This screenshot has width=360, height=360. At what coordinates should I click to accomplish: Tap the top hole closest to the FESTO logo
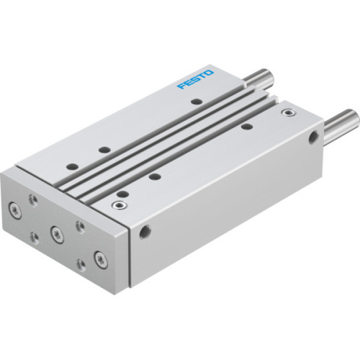[194, 102]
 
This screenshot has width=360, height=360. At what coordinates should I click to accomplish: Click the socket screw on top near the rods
[289, 113]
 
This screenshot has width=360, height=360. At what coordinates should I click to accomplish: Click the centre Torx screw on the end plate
[55, 232]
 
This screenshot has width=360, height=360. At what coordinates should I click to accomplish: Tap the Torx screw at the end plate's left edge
[15, 210]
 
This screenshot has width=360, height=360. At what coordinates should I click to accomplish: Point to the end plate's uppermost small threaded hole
[31, 197]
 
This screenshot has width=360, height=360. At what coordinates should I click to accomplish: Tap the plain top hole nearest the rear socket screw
[246, 127]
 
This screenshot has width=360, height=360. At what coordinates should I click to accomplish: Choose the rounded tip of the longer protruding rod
[353, 117]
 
